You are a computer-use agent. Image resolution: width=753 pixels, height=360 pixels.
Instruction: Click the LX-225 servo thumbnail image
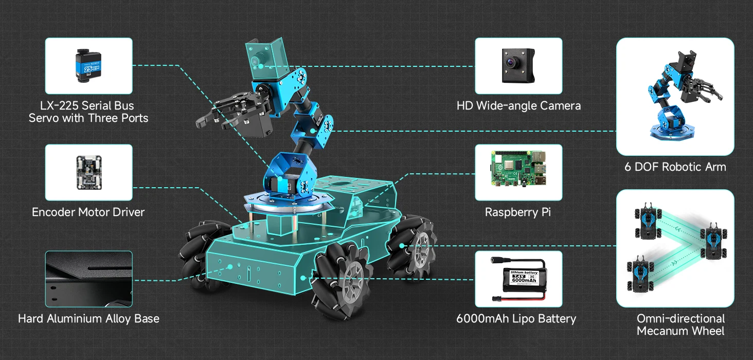point(86,66)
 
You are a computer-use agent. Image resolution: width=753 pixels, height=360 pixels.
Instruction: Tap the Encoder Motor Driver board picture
point(88,173)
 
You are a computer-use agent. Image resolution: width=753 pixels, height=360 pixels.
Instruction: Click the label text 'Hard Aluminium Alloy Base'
point(88,319)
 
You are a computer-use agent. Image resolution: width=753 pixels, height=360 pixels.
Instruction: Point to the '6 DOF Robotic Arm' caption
point(675,167)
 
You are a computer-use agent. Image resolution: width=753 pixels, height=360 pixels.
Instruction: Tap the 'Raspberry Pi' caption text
point(517,212)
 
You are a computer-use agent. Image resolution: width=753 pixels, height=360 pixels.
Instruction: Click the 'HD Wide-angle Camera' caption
point(518,106)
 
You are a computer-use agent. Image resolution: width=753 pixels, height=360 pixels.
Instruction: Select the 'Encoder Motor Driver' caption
point(88,212)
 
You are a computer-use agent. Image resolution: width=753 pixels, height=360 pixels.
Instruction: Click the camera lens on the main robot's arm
point(254,61)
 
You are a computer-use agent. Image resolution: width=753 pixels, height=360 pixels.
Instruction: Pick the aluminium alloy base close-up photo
point(88,279)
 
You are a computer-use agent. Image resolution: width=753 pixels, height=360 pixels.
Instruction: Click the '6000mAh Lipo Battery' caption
point(516,319)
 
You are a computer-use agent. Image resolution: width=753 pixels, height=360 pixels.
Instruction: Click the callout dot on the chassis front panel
point(230,266)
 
